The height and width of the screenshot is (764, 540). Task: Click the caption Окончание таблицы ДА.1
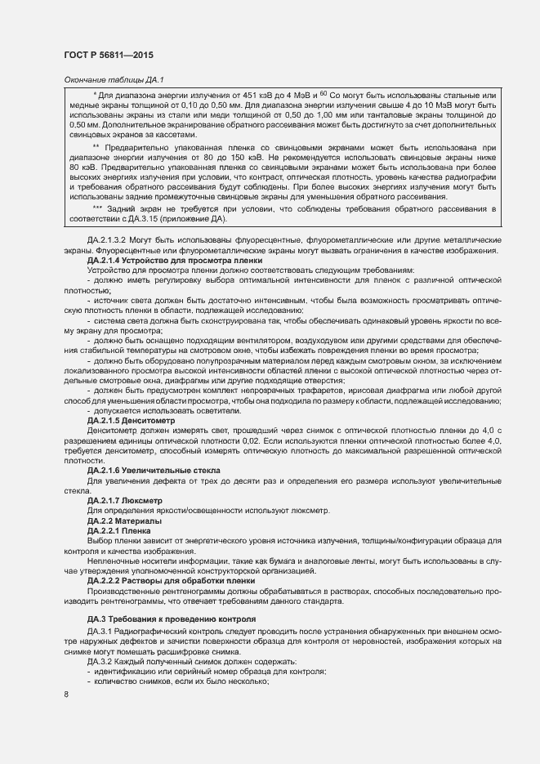click(114, 79)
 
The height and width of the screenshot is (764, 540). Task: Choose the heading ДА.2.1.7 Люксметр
click(125, 500)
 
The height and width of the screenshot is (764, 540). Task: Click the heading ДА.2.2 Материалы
click(124, 521)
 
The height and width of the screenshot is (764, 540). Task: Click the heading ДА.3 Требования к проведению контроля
click(172, 619)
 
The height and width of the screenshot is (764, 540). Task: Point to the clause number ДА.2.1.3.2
click(110, 239)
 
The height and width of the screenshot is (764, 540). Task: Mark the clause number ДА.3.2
click(99, 661)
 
